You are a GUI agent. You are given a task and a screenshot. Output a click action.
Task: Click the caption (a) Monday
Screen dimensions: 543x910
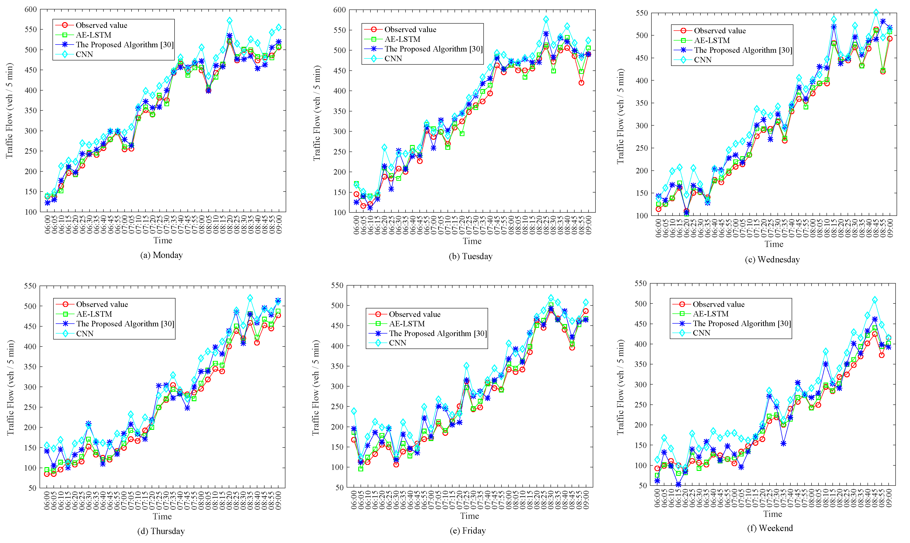click(x=161, y=255)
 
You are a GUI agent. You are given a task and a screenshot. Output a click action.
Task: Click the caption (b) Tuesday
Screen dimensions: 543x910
click(x=470, y=256)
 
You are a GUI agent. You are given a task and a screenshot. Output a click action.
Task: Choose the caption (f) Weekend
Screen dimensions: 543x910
click(x=770, y=528)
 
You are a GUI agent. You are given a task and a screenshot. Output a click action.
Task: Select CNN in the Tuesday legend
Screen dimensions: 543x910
click(x=393, y=58)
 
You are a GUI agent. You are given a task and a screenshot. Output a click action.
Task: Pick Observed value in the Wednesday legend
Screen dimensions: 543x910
click(x=720, y=31)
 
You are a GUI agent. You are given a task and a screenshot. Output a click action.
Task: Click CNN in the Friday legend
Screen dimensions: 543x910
click(x=397, y=343)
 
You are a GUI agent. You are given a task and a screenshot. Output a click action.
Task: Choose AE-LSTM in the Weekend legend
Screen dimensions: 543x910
click(x=710, y=314)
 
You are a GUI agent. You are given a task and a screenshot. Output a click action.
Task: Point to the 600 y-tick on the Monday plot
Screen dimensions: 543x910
click(x=31, y=9)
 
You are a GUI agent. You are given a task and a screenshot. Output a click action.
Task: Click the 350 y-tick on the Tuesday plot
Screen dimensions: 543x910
click(x=339, y=111)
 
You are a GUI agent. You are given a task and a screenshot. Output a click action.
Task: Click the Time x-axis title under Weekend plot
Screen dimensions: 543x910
click(x=773, y=514)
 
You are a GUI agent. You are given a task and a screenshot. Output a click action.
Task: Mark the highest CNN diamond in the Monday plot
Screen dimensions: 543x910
click(x=230, y=21)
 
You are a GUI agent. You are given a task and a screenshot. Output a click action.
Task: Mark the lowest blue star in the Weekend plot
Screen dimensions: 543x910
click(x=678, y=485)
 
